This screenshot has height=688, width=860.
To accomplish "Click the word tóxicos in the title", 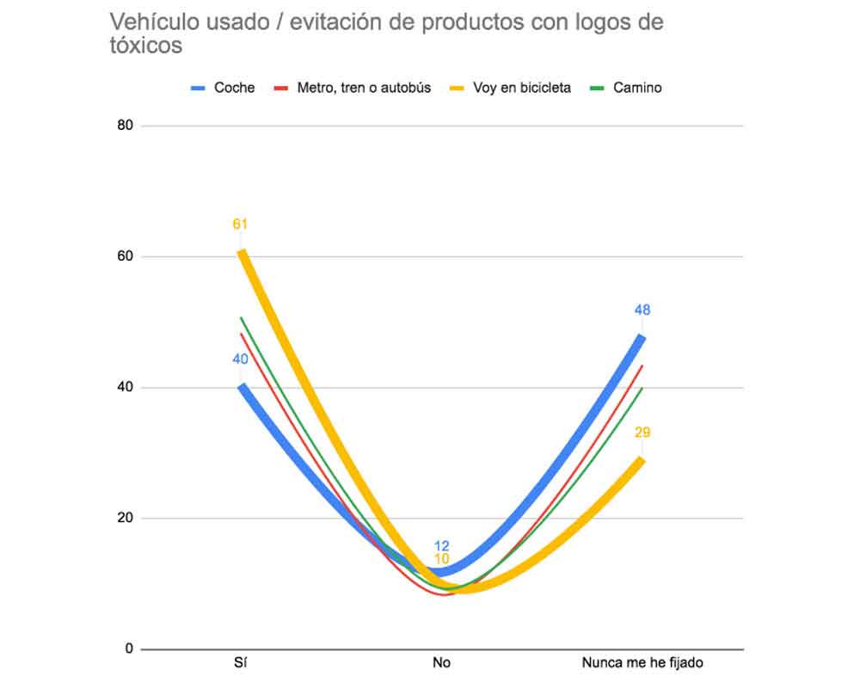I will point(145,46).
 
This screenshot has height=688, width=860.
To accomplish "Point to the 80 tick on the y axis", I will point(125,126).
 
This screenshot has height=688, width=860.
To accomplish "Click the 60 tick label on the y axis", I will point(125,256).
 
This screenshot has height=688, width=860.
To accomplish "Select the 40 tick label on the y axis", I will point(125,387).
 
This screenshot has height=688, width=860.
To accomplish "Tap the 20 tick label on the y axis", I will point(125,518).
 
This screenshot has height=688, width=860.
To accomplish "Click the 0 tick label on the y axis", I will point(129,648).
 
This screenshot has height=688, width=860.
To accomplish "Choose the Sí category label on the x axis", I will point(241,663).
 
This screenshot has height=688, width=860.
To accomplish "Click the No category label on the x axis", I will point(441,663).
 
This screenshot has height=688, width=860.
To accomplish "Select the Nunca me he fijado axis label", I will point(642,663).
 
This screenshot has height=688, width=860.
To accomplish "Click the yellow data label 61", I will point(240,224).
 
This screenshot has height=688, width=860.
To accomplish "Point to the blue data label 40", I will point(240,358).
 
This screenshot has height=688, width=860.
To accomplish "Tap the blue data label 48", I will point(642,310).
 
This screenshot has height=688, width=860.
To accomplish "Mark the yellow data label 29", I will point(642,433).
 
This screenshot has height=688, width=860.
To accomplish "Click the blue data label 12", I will point(442,546).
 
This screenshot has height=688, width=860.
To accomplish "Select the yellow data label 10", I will point(442,559).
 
